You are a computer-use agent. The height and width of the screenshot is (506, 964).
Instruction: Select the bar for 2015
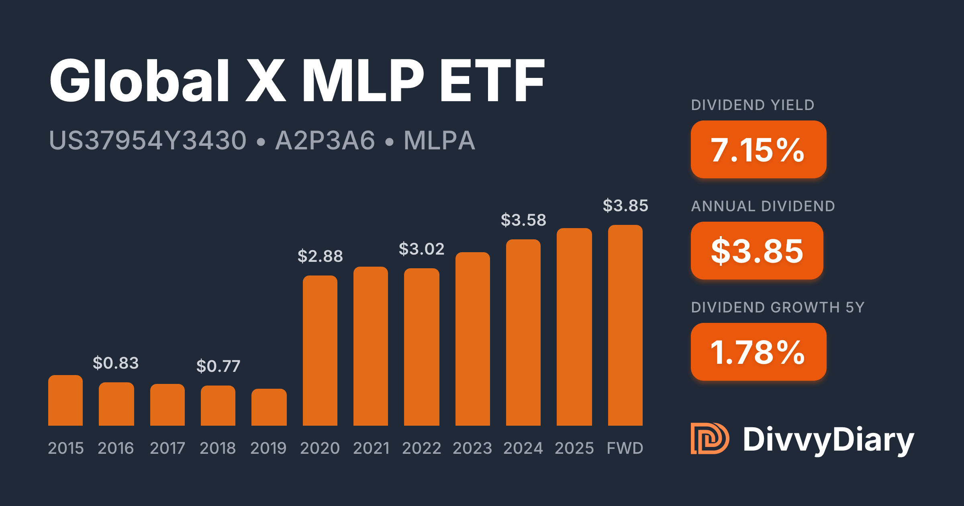(x=65, y=400)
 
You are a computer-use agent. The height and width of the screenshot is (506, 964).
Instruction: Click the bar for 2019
(x=269, y=407)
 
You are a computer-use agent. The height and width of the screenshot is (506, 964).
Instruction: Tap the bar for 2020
(x=320, y=350)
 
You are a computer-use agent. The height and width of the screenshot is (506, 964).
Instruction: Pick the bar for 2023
(x=472, y=339)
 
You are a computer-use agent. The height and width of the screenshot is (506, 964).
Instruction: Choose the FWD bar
(x=625, y=325)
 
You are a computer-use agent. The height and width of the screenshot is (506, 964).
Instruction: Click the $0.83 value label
(x=116, y=363)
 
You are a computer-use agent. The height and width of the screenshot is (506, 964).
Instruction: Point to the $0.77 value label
(x=218, y=366)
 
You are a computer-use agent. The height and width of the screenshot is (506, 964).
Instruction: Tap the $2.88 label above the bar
(x=320, y=256)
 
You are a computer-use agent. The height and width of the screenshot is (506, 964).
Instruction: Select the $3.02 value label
(x=421, y=249)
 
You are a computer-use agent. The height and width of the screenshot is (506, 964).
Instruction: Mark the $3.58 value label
(x=523, y=220)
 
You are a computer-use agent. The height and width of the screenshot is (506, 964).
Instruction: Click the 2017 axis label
(x=167, y=448)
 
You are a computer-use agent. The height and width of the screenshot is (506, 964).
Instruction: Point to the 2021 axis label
(x=371, y=448)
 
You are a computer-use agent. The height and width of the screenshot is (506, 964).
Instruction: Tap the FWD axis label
(x=625, y=448)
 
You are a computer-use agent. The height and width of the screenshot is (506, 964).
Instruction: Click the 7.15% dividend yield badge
(x=758, y=149)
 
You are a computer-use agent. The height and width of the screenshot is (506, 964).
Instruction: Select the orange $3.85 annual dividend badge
(x=757, y=251)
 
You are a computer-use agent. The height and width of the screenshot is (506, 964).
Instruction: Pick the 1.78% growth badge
(x=758, y=352)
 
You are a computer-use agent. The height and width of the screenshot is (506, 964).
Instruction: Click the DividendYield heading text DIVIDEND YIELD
(x=752, y=105)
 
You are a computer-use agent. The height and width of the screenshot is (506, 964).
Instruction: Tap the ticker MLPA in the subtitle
(x=439, y=141)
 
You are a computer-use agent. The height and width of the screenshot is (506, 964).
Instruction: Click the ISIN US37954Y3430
(x=147, y=141)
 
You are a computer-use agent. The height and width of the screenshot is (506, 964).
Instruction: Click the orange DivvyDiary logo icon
(x=709, y=439)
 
